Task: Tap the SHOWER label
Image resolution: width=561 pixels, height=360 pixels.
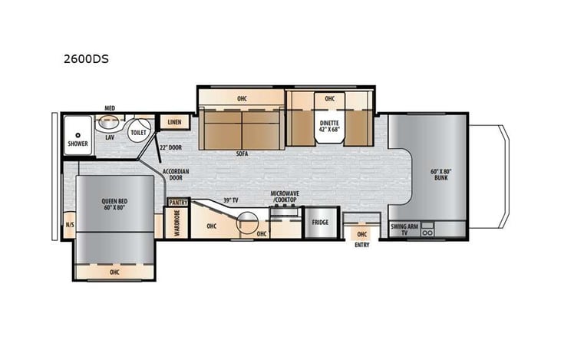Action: click(77, 143)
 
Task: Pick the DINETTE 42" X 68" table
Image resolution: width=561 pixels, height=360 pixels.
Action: click(330, 126)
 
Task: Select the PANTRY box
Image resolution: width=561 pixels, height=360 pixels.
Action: click(177, 202)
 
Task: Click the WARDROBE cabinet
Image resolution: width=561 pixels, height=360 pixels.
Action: click(177, 223)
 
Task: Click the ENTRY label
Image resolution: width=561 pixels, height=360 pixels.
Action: click(362, 245)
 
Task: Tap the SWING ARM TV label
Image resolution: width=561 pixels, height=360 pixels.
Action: click(403, 228)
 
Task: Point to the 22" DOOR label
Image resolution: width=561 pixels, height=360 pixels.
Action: click(170, 146)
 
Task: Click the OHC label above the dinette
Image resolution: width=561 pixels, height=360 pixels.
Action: click(329, 98)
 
